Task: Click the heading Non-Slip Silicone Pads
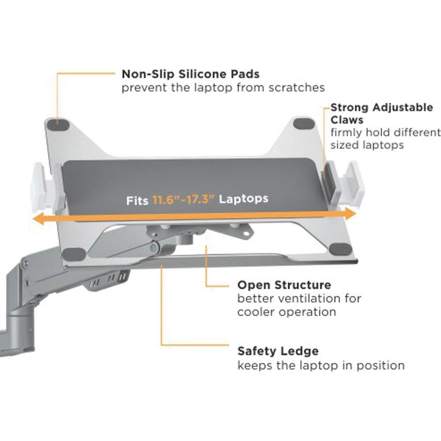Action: [191, 74]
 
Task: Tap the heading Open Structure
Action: [284, 285]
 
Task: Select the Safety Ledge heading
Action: [278, 351]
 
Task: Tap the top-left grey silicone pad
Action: [60, 124]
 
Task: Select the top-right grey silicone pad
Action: [304, 124]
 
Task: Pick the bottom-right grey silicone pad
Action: [339, 248]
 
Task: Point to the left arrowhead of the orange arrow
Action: [36, 219]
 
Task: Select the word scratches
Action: [296, 87]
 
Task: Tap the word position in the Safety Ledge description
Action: [382, 366]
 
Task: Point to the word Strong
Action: [350, 108]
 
